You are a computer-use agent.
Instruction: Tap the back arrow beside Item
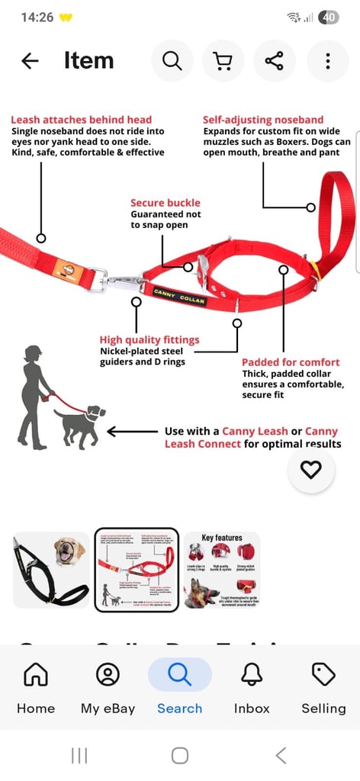tap(30, 61)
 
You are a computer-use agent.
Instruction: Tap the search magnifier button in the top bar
tap(172, 61)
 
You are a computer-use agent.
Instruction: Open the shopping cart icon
tap(223, 61)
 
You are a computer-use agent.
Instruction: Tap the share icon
tap(275, 61)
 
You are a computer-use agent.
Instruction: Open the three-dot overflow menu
tap(327, 61)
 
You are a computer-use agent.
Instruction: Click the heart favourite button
tap(310, 470)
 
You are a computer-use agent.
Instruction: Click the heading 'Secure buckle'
tap(166, 203)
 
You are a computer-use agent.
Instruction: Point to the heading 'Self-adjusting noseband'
tap(263, 120)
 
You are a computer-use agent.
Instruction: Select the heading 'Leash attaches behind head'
tap(81, 120)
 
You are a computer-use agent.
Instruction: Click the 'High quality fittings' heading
tap(149, 339)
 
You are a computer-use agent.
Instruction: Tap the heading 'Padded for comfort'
tap(291, 362)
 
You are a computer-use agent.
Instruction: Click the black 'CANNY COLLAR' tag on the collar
tap(179, 296)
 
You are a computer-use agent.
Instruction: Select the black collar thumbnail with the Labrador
tap(50, 570)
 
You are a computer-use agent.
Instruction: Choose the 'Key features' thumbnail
tap(222, 570)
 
